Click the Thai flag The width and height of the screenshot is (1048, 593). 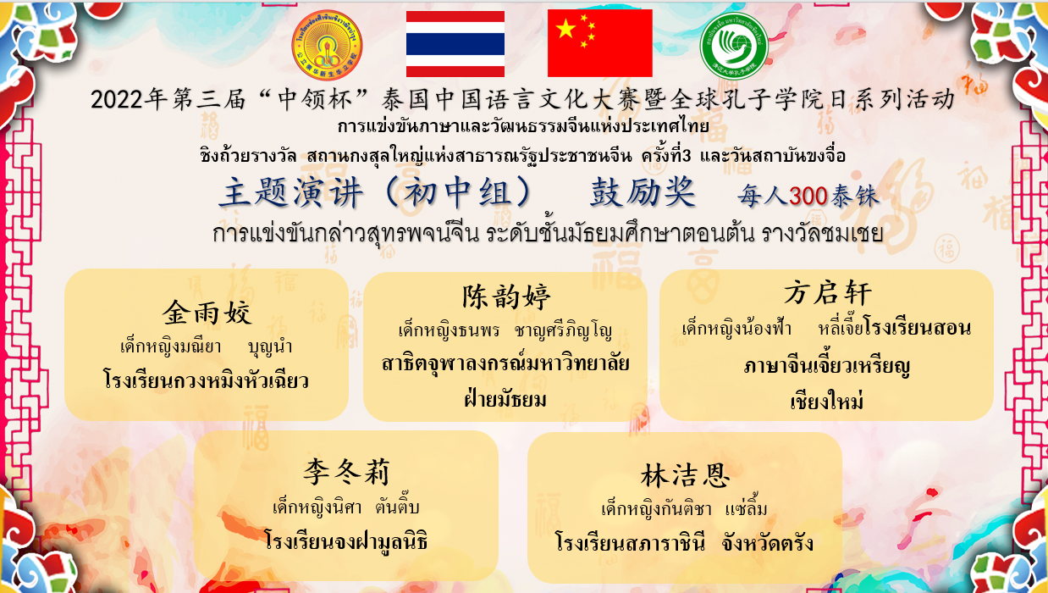[x=455, y=44]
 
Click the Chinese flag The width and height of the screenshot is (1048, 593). [x=600, y=43]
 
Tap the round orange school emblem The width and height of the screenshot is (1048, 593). [x=327, y=45]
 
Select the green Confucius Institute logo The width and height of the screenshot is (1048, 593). [x=734, y=46]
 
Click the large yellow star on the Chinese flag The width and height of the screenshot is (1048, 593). [x=565, y=29]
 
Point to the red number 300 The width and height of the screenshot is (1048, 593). [x=808, y=196]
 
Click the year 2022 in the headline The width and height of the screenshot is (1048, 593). [x=117, y=100]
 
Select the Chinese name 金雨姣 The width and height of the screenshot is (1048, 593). [x=207, y=313]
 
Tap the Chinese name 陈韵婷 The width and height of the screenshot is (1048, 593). [x=506, y=296]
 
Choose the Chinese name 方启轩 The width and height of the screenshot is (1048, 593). [x=828, y=293]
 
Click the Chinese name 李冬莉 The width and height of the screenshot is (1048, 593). [x=346, y=472]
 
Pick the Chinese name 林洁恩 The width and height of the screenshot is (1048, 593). [x=685, y=476]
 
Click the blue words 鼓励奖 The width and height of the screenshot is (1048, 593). [x=643, y=192]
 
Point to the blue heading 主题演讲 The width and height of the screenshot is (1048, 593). [x=291, y=193]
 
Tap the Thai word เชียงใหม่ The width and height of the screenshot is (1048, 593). [x=827, y=401]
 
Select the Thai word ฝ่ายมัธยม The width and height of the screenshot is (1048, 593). [x=505, y=399]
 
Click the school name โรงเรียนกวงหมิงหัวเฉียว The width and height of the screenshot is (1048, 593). [x=206, y=380]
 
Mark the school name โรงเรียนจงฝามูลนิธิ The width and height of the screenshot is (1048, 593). [x=345, y=540]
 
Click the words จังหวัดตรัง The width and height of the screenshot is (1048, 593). [x=767, y=543]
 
